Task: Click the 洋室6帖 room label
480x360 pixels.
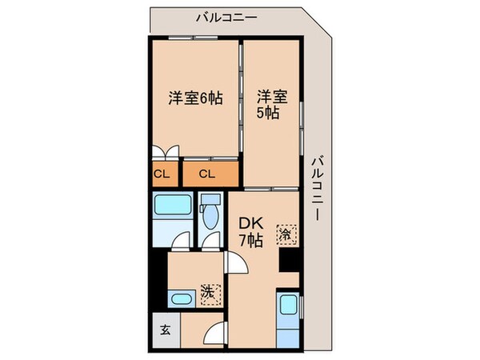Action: (194, 99)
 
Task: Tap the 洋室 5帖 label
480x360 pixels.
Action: (271, 105)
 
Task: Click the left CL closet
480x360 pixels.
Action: (161, 174)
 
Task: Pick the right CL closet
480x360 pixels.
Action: (206, 174)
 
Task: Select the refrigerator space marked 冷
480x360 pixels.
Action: (286, 234)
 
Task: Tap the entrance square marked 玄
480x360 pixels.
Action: (163, 329)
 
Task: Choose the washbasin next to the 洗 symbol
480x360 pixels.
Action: (182, 299)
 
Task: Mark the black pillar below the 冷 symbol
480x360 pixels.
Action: (288, 259)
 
